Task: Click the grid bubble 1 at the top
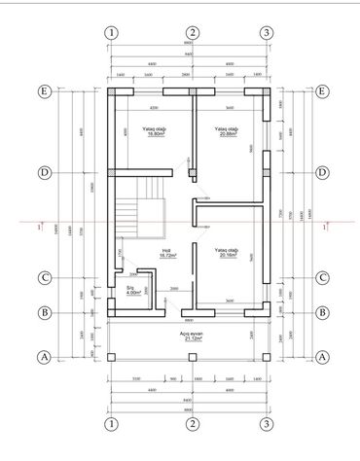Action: pos(113,33)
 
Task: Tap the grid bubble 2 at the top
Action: pos(194,33)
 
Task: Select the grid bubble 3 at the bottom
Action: pos(267,425)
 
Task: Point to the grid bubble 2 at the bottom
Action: pos(194,425)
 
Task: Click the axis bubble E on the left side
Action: pos(44,93)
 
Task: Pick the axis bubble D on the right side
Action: pos(322,172)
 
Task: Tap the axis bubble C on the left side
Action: pos(44,277)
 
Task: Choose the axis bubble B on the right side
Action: pos(322,313)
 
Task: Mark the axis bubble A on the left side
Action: pos(44,357)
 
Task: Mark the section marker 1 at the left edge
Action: pos(37,228)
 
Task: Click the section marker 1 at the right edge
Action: pos(327,226)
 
